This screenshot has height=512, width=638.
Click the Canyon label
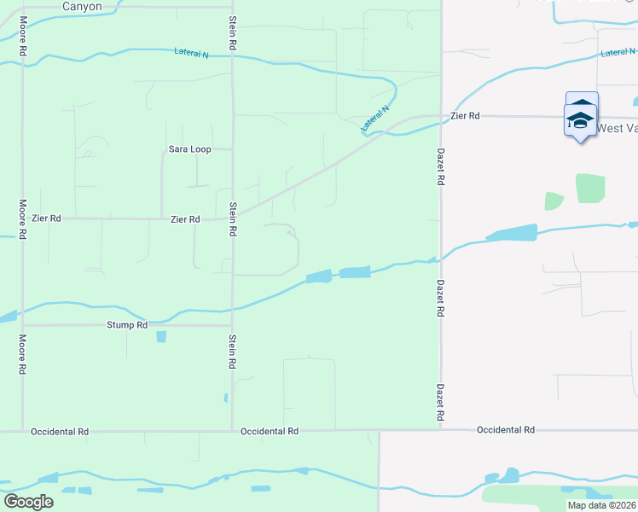82,7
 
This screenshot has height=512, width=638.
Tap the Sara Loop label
189,149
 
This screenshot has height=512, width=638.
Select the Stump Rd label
127,325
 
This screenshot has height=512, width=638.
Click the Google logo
29,501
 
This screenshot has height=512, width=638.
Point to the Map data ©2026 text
601,505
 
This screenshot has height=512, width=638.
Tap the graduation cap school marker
580,118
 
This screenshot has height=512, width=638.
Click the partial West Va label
617,128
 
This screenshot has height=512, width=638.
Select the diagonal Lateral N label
374,118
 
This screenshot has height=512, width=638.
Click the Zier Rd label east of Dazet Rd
465,115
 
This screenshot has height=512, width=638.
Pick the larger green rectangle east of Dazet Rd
589,189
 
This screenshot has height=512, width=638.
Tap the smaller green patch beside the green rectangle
554,201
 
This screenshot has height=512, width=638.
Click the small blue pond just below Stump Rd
161,337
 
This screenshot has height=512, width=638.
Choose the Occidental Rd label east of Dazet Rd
505,429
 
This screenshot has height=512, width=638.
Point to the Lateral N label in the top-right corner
617,53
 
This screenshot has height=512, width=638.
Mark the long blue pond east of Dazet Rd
511,233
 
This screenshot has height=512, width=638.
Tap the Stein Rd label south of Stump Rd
232,352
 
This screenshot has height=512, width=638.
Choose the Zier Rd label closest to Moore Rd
46,218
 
